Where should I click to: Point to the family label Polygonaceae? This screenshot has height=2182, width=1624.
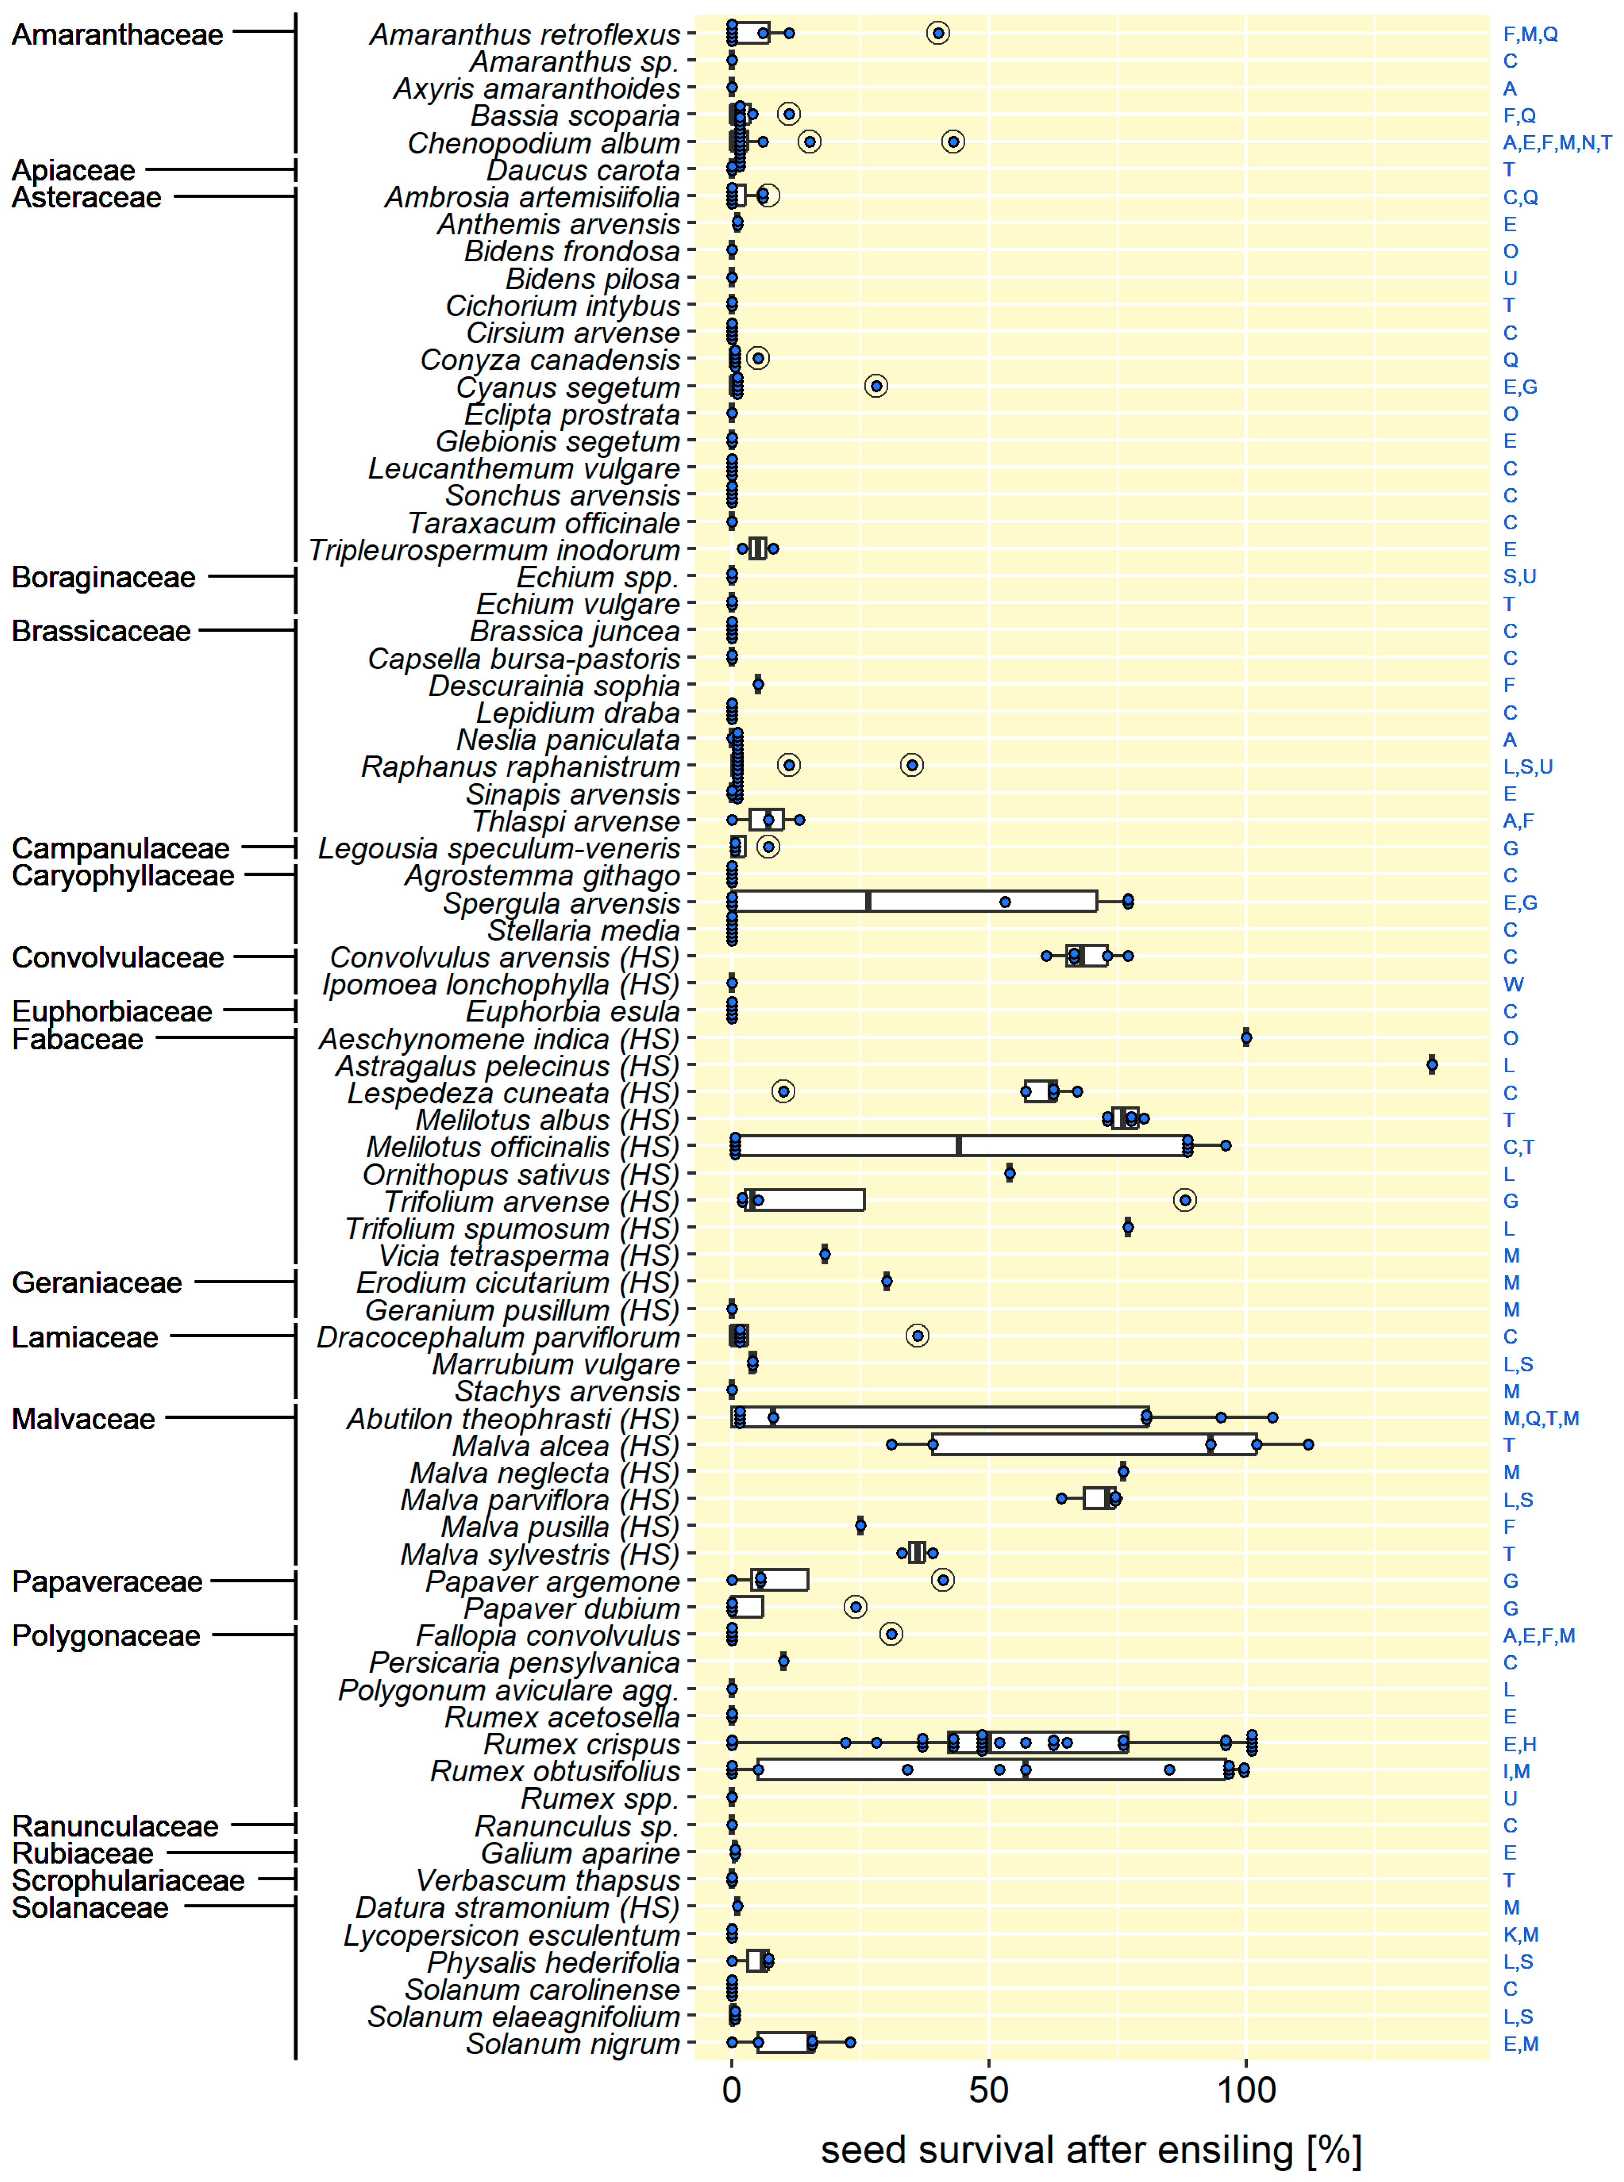tap(106, 1636)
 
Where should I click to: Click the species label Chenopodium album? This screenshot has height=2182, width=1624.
tap(544, 144)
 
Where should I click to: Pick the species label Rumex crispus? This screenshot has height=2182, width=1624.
tap(582, 1745)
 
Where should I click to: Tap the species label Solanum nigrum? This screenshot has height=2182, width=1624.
tap(573, 2043)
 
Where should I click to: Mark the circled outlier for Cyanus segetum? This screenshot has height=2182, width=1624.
tap(876, 386)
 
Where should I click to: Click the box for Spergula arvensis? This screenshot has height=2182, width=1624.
tap(914, 901)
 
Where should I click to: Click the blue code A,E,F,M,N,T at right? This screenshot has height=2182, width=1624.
tap(1556, 144)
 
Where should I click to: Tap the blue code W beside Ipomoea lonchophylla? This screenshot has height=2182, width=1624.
tap(1513, 984)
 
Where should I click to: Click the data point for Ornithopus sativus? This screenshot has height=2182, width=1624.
tap(1010, 1173)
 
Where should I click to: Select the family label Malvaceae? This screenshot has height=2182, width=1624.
tap(84, 1419)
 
